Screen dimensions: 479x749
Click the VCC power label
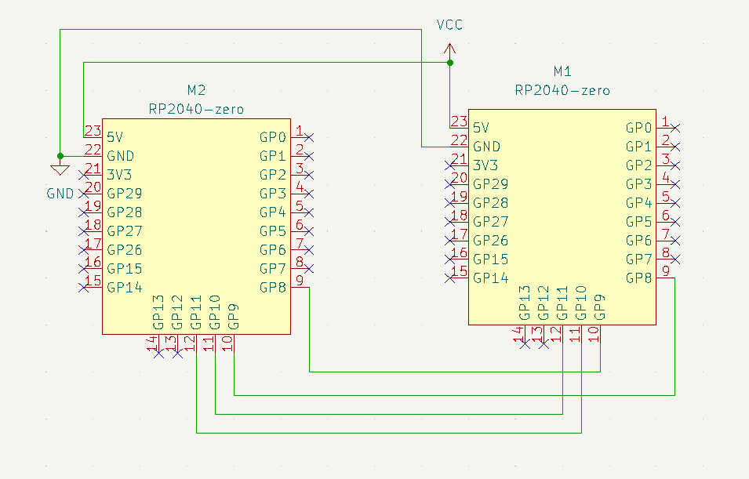(x=449, y=25)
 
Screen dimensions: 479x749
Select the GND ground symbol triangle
(x=60, y=169)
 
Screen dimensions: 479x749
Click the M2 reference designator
(x=196, y=89)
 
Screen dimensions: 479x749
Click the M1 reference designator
(x=562, y=71)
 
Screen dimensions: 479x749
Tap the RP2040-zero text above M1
(x=562, y=90)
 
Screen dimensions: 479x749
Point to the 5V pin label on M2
(x=115, y=137)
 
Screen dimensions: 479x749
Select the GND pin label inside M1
(x=486, y=147)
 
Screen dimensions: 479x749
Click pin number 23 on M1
(x=459, y=122)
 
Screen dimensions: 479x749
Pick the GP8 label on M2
(x=273, y=287)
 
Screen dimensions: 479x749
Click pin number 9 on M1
(x=664, y=271)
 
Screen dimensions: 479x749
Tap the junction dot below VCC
(x=449, y=62)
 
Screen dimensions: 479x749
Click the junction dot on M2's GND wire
(x=60, y=156)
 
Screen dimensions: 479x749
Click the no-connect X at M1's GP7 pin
(x=675, y=259)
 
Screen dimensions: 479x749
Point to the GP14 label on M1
(x=490, y=278)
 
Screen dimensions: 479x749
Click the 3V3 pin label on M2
(x=120, y=175)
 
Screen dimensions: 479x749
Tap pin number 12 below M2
(x=189, y=343)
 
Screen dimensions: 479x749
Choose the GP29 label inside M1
(x=490, y=184)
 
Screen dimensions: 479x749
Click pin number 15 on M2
(x=93, y=281)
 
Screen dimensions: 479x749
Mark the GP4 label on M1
(x=638, y=203)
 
